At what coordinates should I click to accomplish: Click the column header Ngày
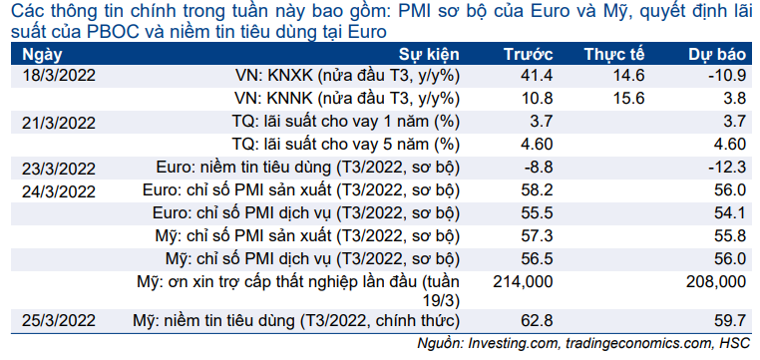(42, 55)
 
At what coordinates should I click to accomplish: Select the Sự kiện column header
(429, 55)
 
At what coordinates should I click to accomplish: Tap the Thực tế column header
(614, 54)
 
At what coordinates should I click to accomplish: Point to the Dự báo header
(717, 55)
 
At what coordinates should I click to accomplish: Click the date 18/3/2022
(59, 77)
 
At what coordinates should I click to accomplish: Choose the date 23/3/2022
(59, 169)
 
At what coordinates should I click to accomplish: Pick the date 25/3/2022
(59, 321)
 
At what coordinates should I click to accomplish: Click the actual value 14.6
(628, 76)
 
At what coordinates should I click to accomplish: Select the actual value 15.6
(628, 99)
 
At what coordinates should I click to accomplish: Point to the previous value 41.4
(537, 76)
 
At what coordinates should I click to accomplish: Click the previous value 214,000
(523, 282)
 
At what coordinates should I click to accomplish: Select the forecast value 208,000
(716, 282)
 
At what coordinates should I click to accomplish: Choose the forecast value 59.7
(730, 320)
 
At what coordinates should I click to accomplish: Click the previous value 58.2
(537, 189)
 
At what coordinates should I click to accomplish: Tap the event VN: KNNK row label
(347, 100)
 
